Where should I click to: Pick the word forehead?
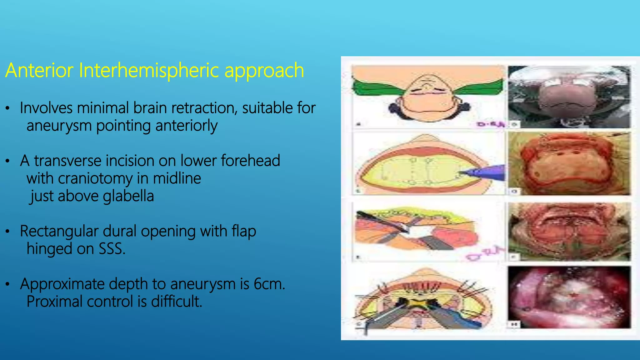pyautogui.click(x=250, y=161)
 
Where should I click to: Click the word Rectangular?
pyautogui.click(x=59, y=232)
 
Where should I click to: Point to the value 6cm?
pyautogui.click(x=269, y=284)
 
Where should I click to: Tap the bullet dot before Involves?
pyautogui.click(x=8, y=109)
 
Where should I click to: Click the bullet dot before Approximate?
pyautogui.click(x=8, y=285)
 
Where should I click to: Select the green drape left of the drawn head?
pyautogui.click(x=375, y=87)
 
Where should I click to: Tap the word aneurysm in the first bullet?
pyautogui.click(x=59, y=126)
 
